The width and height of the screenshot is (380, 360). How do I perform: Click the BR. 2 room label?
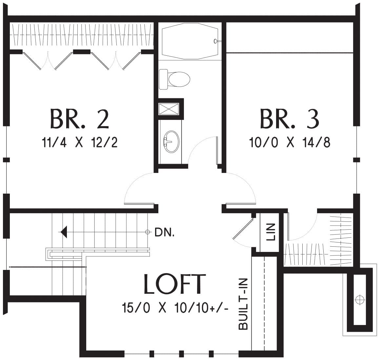click(79, 119)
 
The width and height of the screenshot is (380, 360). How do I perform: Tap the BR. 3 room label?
click(290, 119)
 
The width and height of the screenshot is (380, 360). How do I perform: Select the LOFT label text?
click(175, 284)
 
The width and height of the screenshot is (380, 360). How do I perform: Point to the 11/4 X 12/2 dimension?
click(80, 142)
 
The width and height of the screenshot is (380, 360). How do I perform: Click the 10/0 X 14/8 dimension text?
click(290, 142)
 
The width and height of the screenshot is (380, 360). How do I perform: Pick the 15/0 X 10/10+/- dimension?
click(175, 308)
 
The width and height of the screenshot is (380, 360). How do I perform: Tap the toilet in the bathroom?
click(174, 79)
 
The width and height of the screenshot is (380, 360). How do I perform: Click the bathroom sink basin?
click(171, 142)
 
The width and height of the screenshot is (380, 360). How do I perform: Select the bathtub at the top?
click(190, 41)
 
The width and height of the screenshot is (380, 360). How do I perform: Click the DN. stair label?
click(164, 233)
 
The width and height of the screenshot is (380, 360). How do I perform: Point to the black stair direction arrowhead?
click(64, 232)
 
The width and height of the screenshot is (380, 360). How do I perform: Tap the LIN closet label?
click(271, 232)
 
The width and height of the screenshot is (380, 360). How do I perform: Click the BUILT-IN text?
click(243, 304)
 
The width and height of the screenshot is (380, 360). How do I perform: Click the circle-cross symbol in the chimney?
click(360, 300)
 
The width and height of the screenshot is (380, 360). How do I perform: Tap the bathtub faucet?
click(216, 41)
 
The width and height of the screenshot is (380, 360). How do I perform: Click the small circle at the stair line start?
click(147, 232)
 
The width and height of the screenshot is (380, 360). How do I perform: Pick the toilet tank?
click(163, 79)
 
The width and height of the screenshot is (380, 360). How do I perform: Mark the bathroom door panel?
click(217, 150)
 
